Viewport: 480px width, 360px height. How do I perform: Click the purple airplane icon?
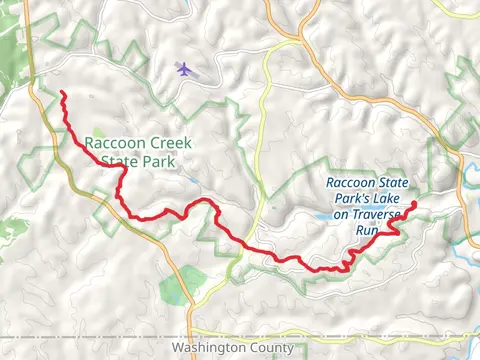point(183,68)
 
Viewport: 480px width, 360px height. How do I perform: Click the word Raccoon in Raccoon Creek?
point(109,142)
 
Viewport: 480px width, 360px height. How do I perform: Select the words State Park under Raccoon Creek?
point(131,160)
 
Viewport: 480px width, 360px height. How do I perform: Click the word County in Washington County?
point(272,348)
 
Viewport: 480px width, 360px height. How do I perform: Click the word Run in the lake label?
point(366,229)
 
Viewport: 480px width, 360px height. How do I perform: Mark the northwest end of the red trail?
point(63,94)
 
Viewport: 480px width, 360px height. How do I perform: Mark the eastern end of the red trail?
point(413,204)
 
